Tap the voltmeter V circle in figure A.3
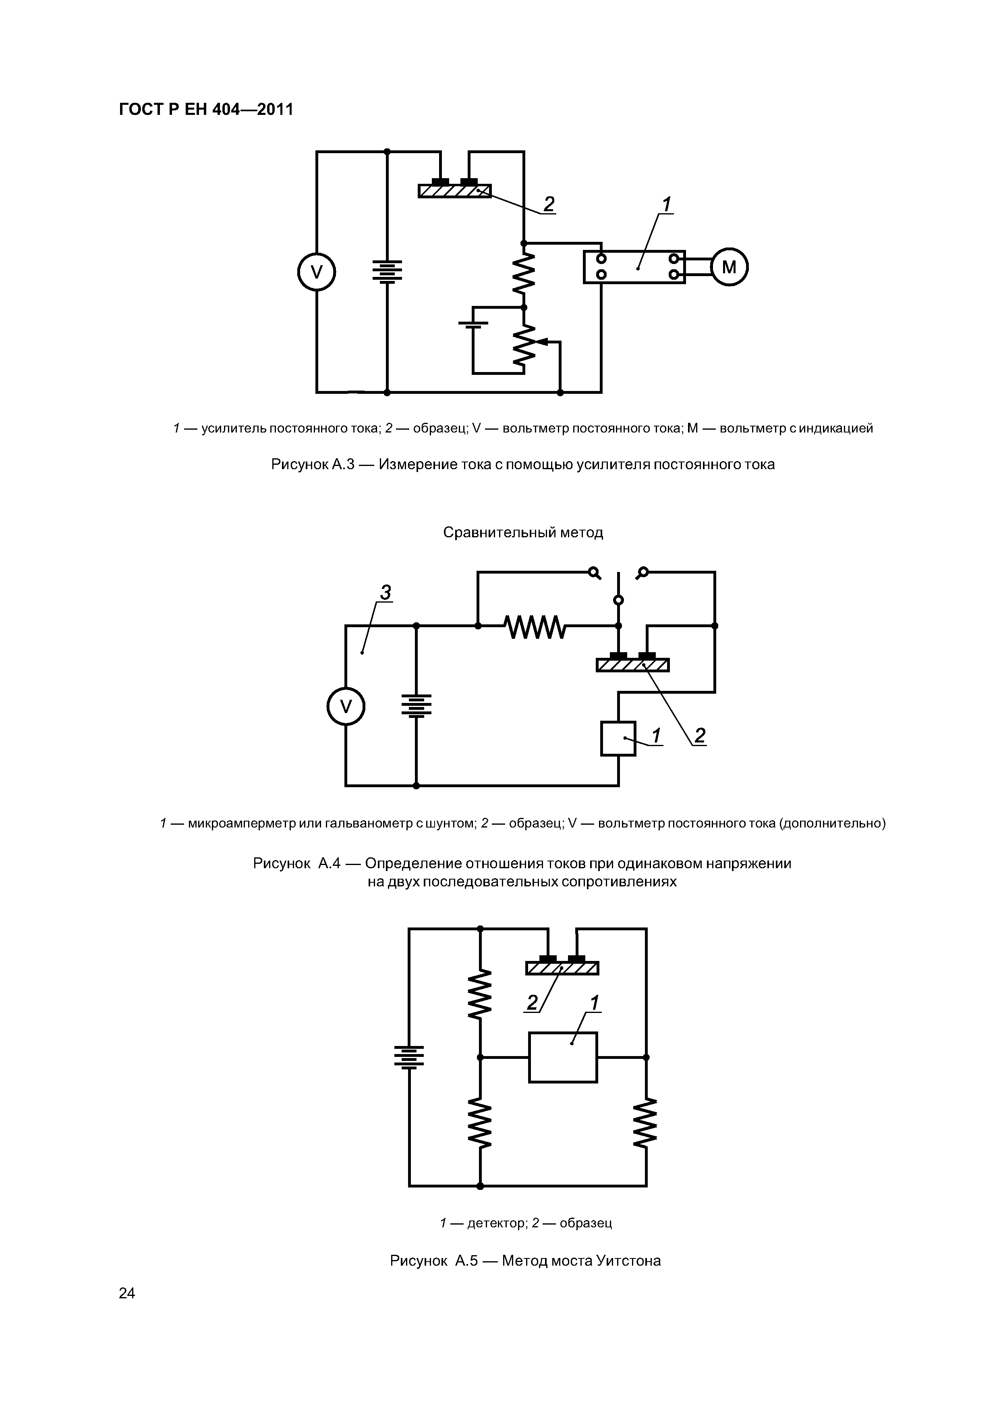pyautogui.click(x=316, y=272)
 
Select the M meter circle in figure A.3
pyautogui.click(x=729, y=267)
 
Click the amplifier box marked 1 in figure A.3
pyautogui.click(x=634, y=267)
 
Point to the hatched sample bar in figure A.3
pyautogui.click(x=455, y=191)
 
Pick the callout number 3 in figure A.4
pyautogui.click(x=386, y=593)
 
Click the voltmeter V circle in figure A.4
pyautogui.click(x=346, y=706)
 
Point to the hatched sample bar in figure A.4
pyautogui.click(x=633, y=665)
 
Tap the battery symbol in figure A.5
pyautogui.click(x=409, y=1057)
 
